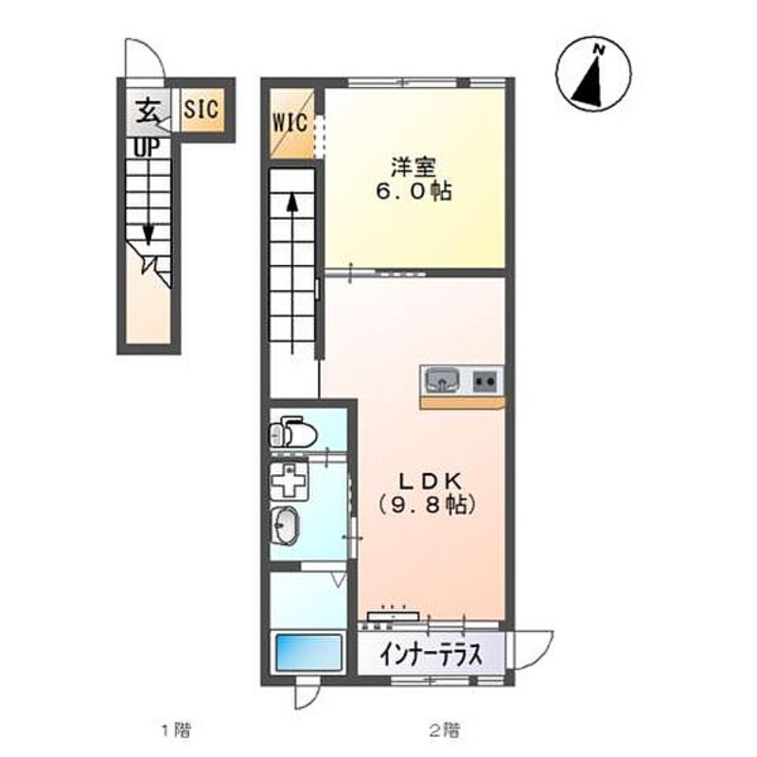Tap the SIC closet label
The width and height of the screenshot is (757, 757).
click(x=202, y=109)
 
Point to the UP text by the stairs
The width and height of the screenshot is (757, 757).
click(x=145, y=148)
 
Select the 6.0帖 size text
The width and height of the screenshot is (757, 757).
click(x=414, y=192)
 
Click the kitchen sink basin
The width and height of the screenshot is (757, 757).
click(x=441, y=380)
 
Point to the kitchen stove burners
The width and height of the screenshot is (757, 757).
click(x=486, y=380)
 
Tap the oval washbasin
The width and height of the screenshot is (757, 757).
click(x=285, y=522)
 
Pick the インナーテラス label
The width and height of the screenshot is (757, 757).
click(x=431, y=654)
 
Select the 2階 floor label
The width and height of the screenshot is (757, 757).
click(x=445, y=730)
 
